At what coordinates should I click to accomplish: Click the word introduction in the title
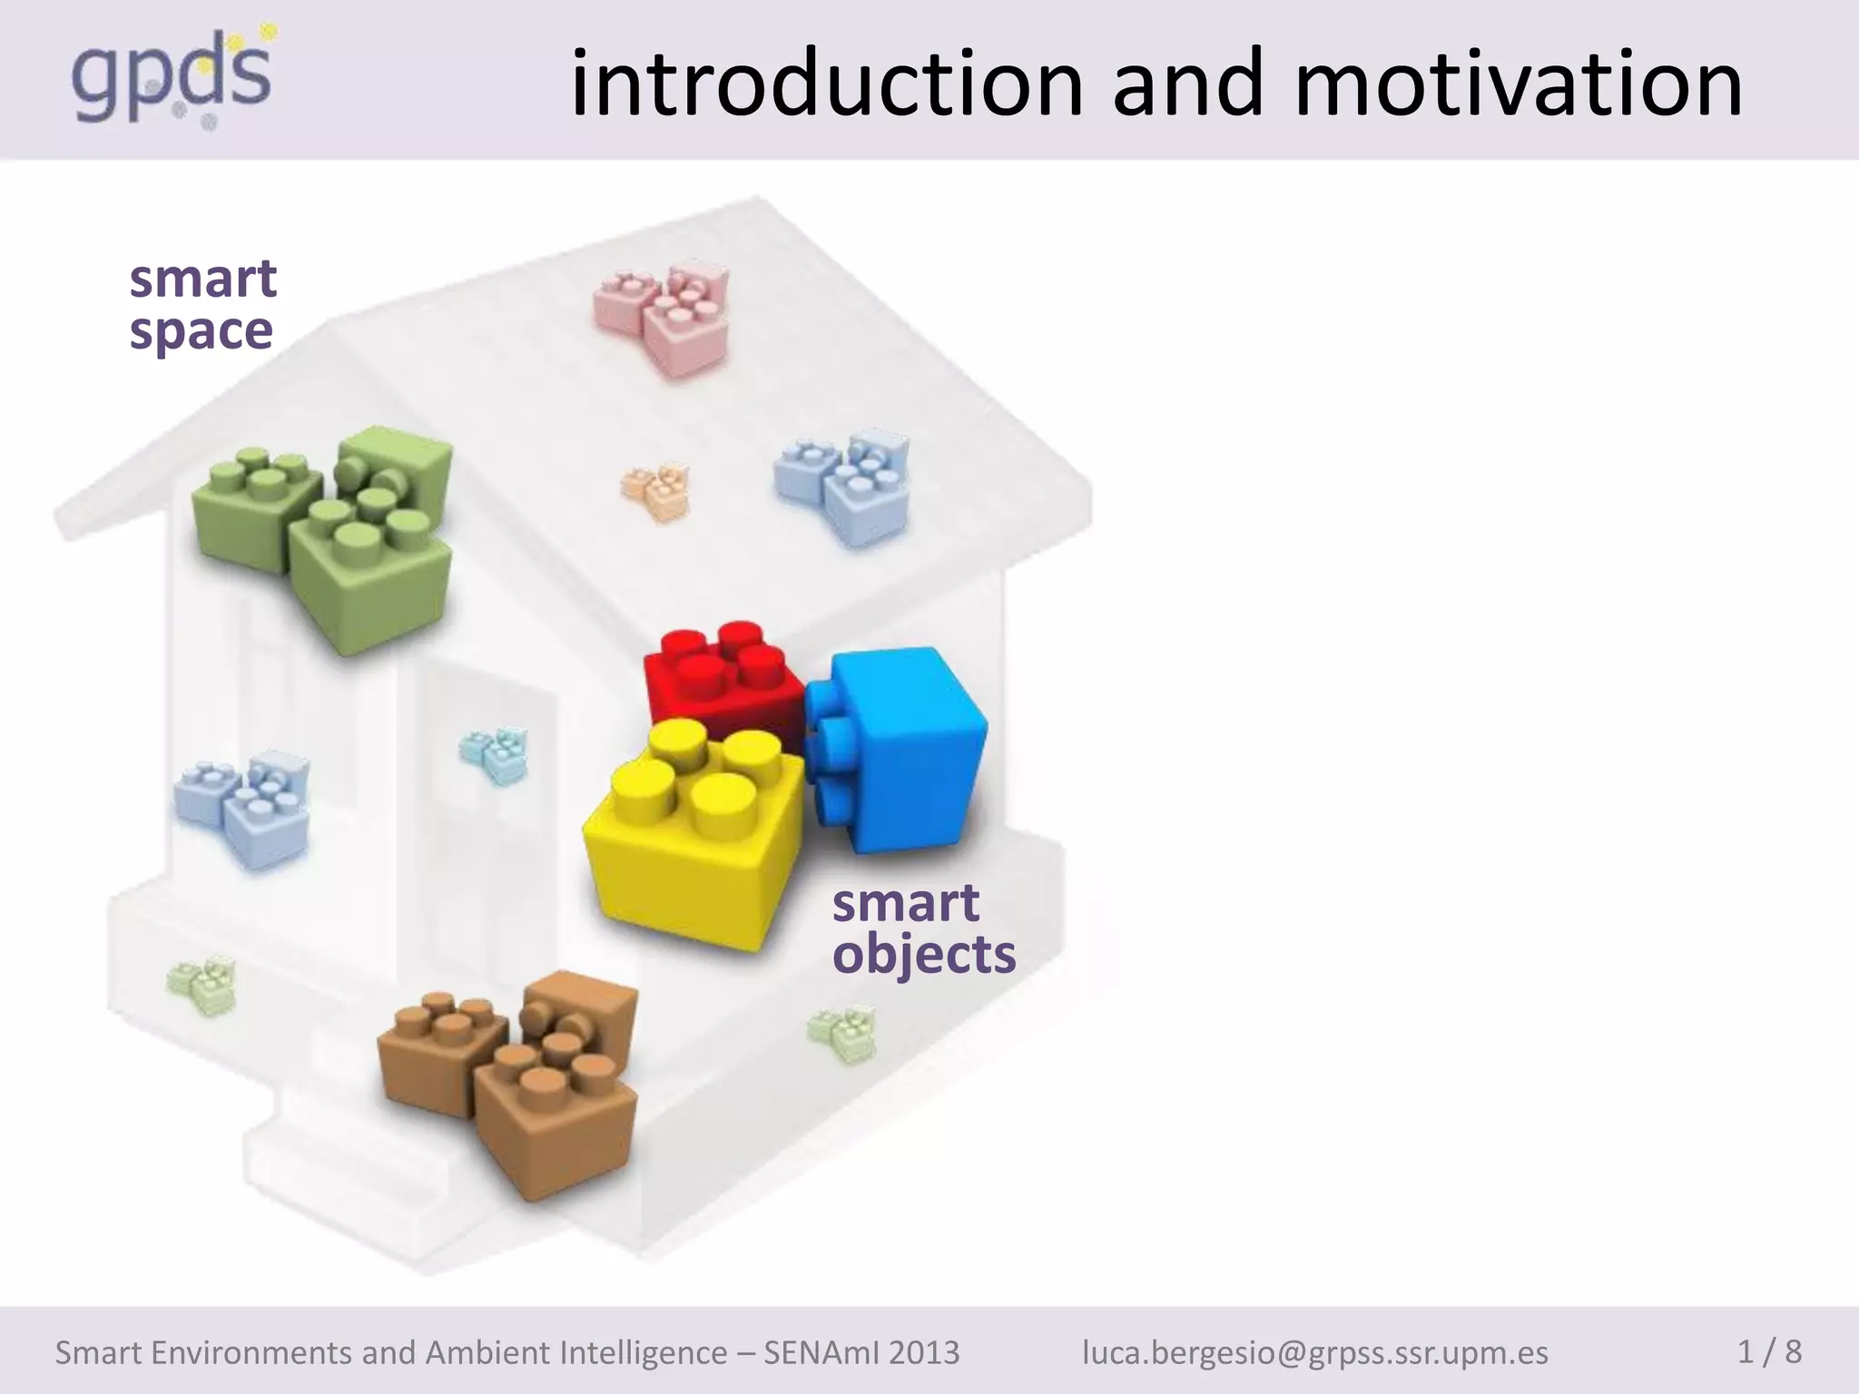(x=826, y=83)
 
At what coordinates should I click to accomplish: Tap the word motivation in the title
(x=1518, y=83)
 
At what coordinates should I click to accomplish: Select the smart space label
(x=202, y=304)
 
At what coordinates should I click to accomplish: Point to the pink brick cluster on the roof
(x=663, y=318)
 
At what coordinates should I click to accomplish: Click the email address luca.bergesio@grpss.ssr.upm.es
(x=1315, y=1352)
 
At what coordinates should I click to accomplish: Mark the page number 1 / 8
(x=1769, y=1351)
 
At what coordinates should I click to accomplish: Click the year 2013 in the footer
(x=924, y=1352)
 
